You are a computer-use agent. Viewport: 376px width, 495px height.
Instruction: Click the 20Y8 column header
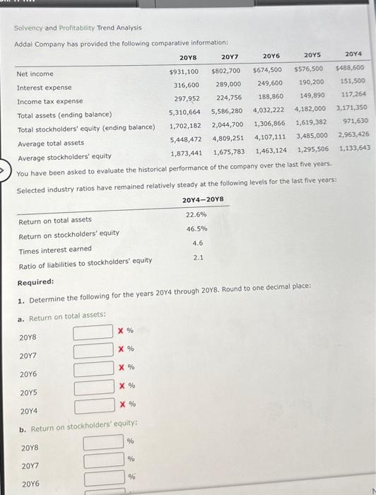(188, 58)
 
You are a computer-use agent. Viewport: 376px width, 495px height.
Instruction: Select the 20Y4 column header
(353, 53)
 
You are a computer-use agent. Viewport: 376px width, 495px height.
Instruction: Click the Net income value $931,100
(184, 71)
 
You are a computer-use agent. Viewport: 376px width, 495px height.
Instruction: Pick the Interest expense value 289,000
(228, 83)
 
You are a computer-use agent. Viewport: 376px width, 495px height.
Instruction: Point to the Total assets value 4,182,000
(310, 108)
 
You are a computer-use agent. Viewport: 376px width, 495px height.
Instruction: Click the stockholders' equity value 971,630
(355, 121)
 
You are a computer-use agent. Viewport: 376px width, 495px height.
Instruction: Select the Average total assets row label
(50, 142)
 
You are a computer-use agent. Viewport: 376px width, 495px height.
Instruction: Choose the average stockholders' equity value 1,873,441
(186, 152)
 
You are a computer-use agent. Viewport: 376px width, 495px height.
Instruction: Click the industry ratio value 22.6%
(196, 214)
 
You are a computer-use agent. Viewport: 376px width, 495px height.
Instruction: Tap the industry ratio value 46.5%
(196, 228)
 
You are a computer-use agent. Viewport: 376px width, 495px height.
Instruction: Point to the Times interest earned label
(54, 248)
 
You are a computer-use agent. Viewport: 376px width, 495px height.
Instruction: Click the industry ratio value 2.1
(198, 257)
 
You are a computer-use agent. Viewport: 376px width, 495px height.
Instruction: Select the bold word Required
(35, 281)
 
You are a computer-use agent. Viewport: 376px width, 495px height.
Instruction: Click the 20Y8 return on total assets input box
(93, 331)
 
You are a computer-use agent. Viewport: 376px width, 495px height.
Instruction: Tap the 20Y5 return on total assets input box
(93, 387)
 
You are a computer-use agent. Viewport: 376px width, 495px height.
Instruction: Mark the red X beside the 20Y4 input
(121, 404)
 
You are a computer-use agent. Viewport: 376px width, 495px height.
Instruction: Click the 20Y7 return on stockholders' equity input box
(103, 460)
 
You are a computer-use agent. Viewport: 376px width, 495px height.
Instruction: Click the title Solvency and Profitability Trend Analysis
(78, 28)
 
